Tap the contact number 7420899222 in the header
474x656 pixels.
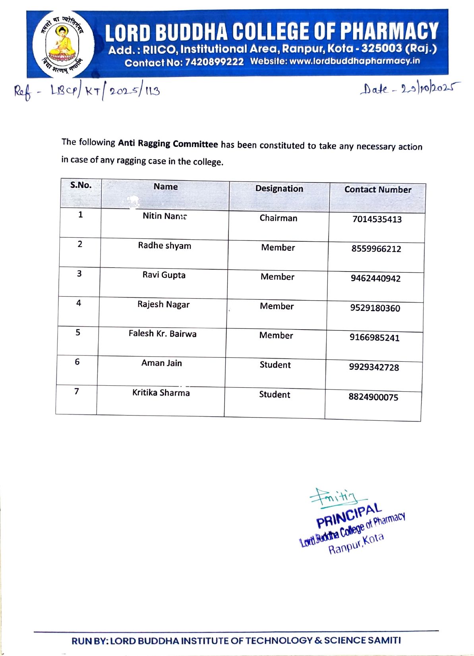point(214,62)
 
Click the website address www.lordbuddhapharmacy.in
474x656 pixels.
point(354,61)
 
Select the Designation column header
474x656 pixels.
point(279,189)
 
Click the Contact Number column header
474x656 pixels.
point(377,190)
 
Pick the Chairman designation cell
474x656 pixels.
point(278,218)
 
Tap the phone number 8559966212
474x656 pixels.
point(376,249)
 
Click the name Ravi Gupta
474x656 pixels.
point(164,275)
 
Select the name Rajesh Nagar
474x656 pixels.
point(163,305)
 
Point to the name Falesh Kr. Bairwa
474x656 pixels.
point(162,334)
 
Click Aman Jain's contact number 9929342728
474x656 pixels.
point(373,367)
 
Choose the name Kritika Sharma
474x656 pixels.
point(161,393)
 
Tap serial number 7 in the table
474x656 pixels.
point(77,391)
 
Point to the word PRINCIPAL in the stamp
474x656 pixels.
point(349,516)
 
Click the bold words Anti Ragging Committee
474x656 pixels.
point(168,144)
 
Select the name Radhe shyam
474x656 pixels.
point(164,246)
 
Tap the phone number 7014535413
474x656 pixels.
point(377,219)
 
